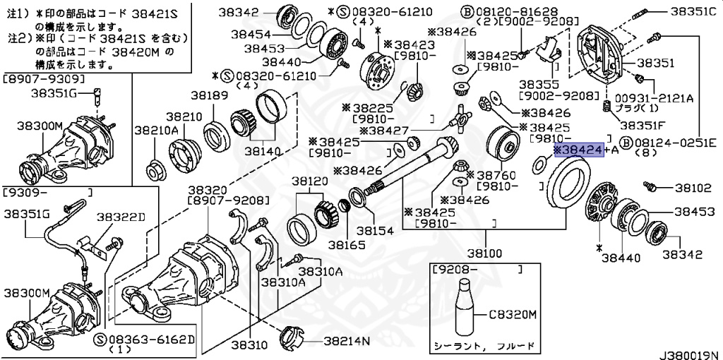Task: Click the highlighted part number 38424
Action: pyautogui.click(x=578, y=150)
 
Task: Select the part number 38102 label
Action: pyautogui.click(x=693, y=188)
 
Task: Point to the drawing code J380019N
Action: pyautogui.click(x=689, y=351)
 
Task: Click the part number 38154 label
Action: pyautogui.click(x=375, y=230)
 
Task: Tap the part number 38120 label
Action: pyautogui.click(x=311, y=181)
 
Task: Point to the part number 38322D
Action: pyautogui.click(x=121, y=217)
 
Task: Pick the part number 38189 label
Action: pyautogui.click(x=207, y=95)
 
